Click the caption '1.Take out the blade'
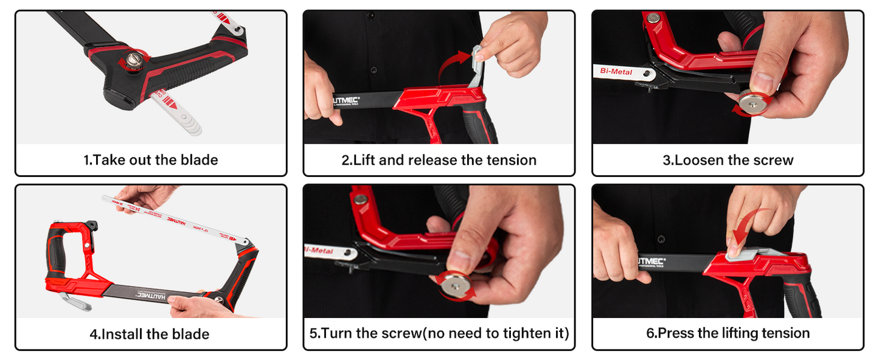coord(150,160)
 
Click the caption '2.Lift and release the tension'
coord(439,160)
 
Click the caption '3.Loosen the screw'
coord(728,160)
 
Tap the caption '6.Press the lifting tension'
coord(728,333)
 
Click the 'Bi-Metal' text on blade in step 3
coord(616,72)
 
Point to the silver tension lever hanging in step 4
coord(73,300)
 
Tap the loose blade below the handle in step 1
coord(176,114)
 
